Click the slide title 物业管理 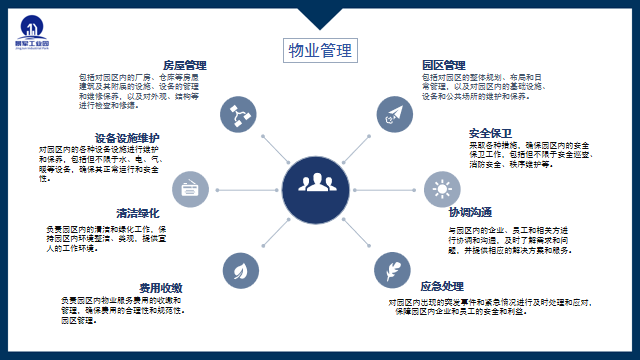[x=319, y=51]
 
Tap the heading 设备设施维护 [x=127, y=137]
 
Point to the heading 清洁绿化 [x=138, y=213]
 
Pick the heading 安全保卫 [x=490, y=134]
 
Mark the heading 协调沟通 [x=470, y=213]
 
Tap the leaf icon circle [x=239, y=270]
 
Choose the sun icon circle [x=440, y=188]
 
